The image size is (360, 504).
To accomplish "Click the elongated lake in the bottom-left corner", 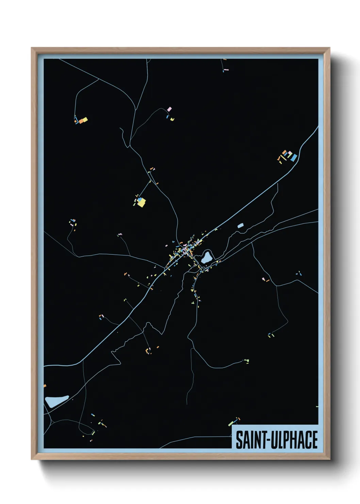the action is (56, 401).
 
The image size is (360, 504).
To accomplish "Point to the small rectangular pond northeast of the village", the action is (241, 225).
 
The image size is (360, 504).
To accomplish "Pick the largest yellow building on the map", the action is (141, 203).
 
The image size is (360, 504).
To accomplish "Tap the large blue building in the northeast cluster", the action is (294, 157).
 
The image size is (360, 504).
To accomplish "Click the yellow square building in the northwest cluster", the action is (85, 119).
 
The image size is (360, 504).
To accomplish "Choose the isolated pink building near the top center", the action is (169, 109).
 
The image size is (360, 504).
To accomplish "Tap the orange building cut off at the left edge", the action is (45, 386).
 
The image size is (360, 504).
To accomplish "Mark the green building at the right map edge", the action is (317, 406).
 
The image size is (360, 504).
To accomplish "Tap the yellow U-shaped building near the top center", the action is (172, 119).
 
